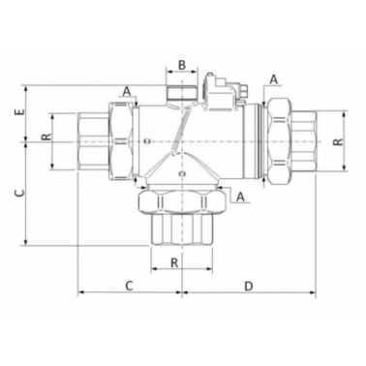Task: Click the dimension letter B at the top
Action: click(x=182, y=65)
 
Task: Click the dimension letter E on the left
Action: click(x=20, y=112)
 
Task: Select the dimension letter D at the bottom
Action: click(x=248, y=286)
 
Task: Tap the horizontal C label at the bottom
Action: click(x=129, y=286)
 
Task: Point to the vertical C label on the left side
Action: click(x=20, y=193)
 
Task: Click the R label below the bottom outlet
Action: click(x=174, y=262)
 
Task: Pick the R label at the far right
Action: click(x=338, y=141)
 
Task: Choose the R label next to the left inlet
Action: click(x=46, y=137)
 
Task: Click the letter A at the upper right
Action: click(x=274, y=79)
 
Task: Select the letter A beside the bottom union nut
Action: click(x=240, y=197)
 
